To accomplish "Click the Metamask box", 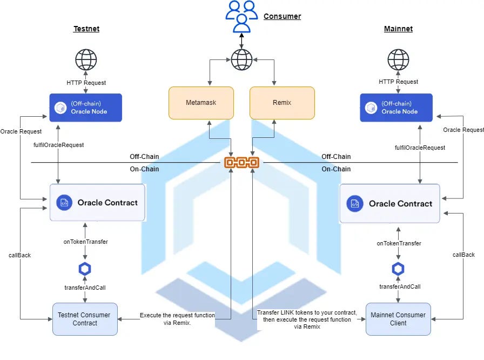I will [201, 103].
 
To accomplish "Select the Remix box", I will [282, 103].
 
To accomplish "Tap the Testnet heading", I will [86, 29].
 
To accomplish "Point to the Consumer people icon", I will [241, 16].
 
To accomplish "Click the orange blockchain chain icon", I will [241, 162].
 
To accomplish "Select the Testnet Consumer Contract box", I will [85, 319].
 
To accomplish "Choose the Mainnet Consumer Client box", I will [398, 319].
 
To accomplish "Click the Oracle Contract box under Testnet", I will [97, 203].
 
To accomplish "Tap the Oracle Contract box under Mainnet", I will [389, 204].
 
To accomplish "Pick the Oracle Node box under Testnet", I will [85, 107].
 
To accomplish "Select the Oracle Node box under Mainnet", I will [399, 107].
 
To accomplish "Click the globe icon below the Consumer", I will [241, 59].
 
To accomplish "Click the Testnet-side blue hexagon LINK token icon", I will [84, 269].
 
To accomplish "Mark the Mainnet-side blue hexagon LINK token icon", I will [399, 269].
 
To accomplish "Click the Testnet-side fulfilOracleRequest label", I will [58, 145].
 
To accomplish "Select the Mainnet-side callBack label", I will [463, 255].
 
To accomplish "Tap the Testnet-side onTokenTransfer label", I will [85, 242].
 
